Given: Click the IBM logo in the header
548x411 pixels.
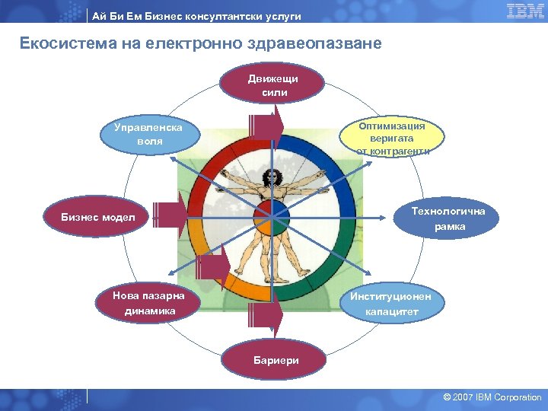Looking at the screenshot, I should [x=525, y=11].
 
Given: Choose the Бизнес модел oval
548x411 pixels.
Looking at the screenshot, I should [x=98, y=218].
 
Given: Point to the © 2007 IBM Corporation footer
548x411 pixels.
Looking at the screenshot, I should [x=492, y=397].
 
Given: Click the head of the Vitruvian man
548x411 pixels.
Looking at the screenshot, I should [x=268, y=176].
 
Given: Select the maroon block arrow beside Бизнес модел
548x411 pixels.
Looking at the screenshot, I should [x=169, y=215].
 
